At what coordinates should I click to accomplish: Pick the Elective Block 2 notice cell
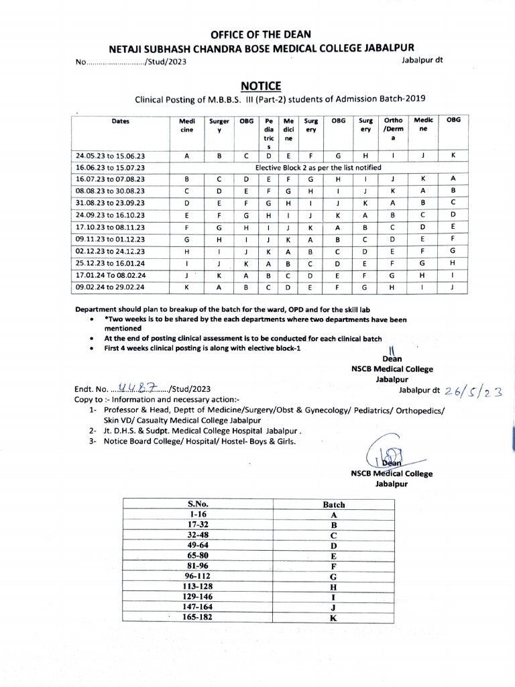(319, 167)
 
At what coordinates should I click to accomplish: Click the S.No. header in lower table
(198, 504)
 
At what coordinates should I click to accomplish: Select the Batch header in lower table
(333, 504)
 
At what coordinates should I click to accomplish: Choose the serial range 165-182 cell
(198, 618)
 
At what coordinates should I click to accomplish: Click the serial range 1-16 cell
(198, 515)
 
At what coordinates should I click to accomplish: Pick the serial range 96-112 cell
(198, 576)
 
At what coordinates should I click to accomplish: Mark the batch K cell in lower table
(333, 618)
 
